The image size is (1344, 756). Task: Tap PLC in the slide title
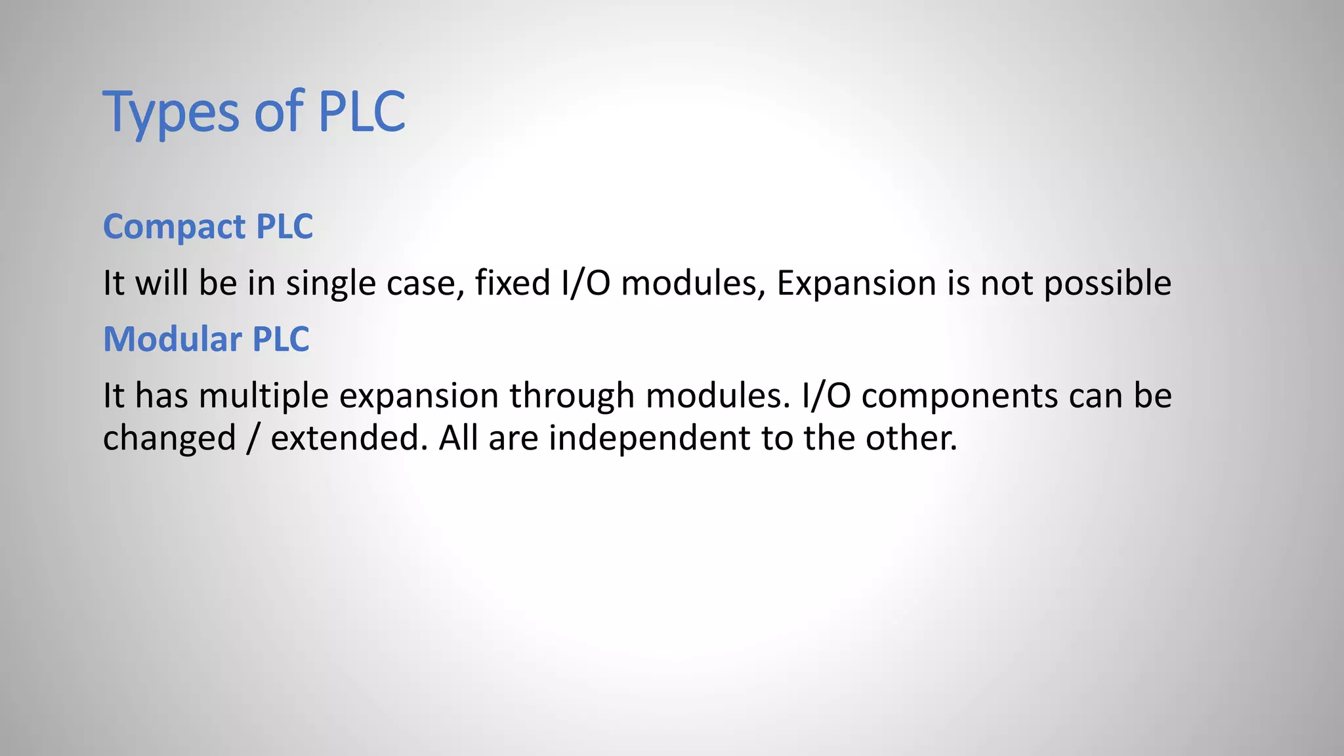362,112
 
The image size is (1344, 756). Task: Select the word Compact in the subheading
174,227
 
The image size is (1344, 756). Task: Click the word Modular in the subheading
173,339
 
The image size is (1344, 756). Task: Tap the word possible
1107,283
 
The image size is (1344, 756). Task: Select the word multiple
263,396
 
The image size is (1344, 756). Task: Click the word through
572,396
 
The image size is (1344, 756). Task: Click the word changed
169,438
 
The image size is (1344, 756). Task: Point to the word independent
650,438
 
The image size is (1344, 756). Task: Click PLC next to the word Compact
284,227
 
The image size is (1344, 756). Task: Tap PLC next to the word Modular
280,339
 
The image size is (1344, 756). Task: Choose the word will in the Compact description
162,283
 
